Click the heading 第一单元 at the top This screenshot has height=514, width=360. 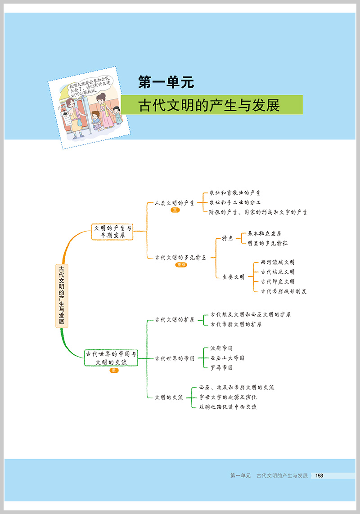click(166, 82)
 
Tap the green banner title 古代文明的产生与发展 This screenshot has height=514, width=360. click(209, 105)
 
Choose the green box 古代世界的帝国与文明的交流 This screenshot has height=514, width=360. click(111, 358)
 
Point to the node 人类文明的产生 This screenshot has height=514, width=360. click(174, 203)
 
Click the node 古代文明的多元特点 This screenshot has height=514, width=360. click(180, 258)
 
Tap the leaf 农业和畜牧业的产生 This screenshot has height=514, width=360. click(235, 193)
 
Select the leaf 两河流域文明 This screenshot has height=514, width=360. click(278, 262)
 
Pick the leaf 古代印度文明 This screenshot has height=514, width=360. click(278, 282)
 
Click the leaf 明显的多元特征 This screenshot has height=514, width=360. click(268, 243)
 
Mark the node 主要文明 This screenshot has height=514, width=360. click(233, 277)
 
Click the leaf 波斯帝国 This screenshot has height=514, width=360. click(221, 349)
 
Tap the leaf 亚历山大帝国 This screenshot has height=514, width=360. click(227, 358)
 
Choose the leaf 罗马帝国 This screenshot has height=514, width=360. click(221, 367)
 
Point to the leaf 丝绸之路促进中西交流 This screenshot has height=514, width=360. click(228, 407)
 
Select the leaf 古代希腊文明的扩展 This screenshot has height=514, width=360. click(236, 324)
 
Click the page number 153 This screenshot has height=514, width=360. click(319, 475)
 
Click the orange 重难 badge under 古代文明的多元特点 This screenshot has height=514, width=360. click(181, 265)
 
